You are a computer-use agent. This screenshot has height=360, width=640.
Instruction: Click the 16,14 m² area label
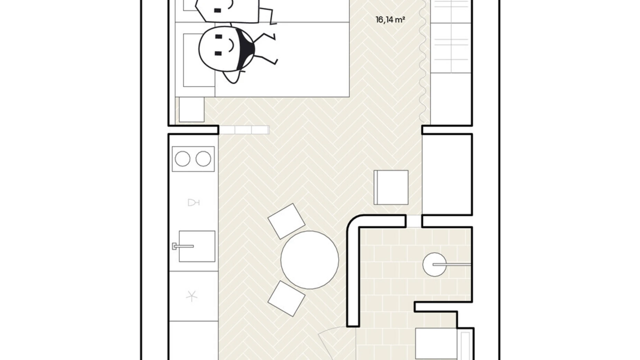point(390,20)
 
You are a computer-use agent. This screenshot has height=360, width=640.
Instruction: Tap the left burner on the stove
point(182,159)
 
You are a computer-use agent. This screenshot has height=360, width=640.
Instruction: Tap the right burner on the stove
point(203,159)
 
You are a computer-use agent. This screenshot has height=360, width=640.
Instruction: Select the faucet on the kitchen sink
point(183,246)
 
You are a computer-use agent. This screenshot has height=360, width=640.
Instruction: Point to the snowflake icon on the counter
point(191,296)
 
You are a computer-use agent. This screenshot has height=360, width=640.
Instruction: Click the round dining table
point(310,260)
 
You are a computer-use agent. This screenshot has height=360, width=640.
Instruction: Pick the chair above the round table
point(286,221)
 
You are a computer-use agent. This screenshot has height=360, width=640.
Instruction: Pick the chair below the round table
point(286,298)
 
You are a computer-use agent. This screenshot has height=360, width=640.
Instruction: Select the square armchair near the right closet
point(391,187)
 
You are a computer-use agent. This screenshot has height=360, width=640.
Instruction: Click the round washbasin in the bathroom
point(435,264)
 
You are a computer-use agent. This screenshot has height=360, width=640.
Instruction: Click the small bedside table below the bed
point(191,109)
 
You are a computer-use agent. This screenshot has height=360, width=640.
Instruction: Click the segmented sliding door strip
point(244,130)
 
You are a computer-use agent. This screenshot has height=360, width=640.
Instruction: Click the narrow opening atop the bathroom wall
point(414,221)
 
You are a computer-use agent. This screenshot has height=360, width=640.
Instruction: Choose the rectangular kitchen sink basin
point(197,246)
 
